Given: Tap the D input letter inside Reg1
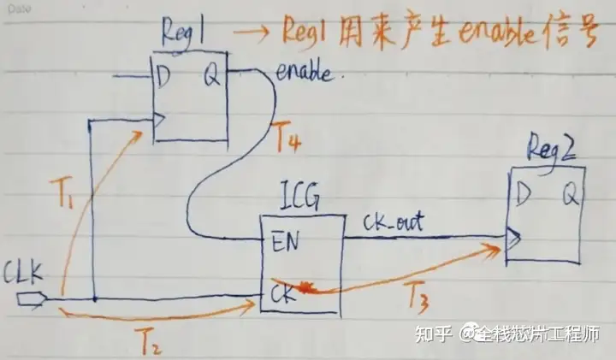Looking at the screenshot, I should click(163, 76).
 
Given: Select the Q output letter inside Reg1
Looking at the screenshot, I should click(210, 76).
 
